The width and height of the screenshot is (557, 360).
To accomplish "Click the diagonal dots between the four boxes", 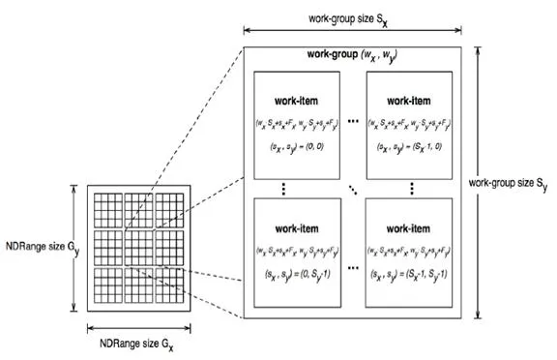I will pos(354,190).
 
